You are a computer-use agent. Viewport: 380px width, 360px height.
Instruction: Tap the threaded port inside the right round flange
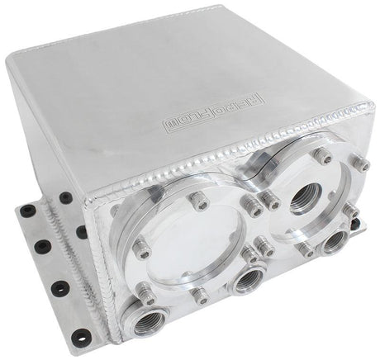[311, 194]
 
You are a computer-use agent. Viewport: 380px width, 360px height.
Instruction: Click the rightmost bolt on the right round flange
[361, 166]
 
